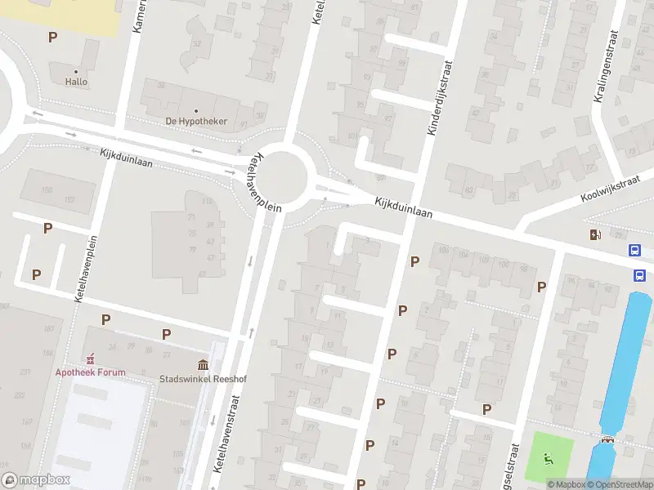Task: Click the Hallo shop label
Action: coord(76,82)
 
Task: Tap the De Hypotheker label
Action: coord(196,122)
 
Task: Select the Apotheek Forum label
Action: coord(91,372)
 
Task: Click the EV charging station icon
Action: coord(594,235)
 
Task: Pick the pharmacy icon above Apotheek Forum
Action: coord(91,359)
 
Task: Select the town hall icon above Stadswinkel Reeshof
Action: coord(202,364)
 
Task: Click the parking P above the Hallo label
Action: coord(53,37)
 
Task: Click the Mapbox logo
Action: coord(36,480)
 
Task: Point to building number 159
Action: coord(47,190)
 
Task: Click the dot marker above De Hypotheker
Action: coord(196,111)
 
